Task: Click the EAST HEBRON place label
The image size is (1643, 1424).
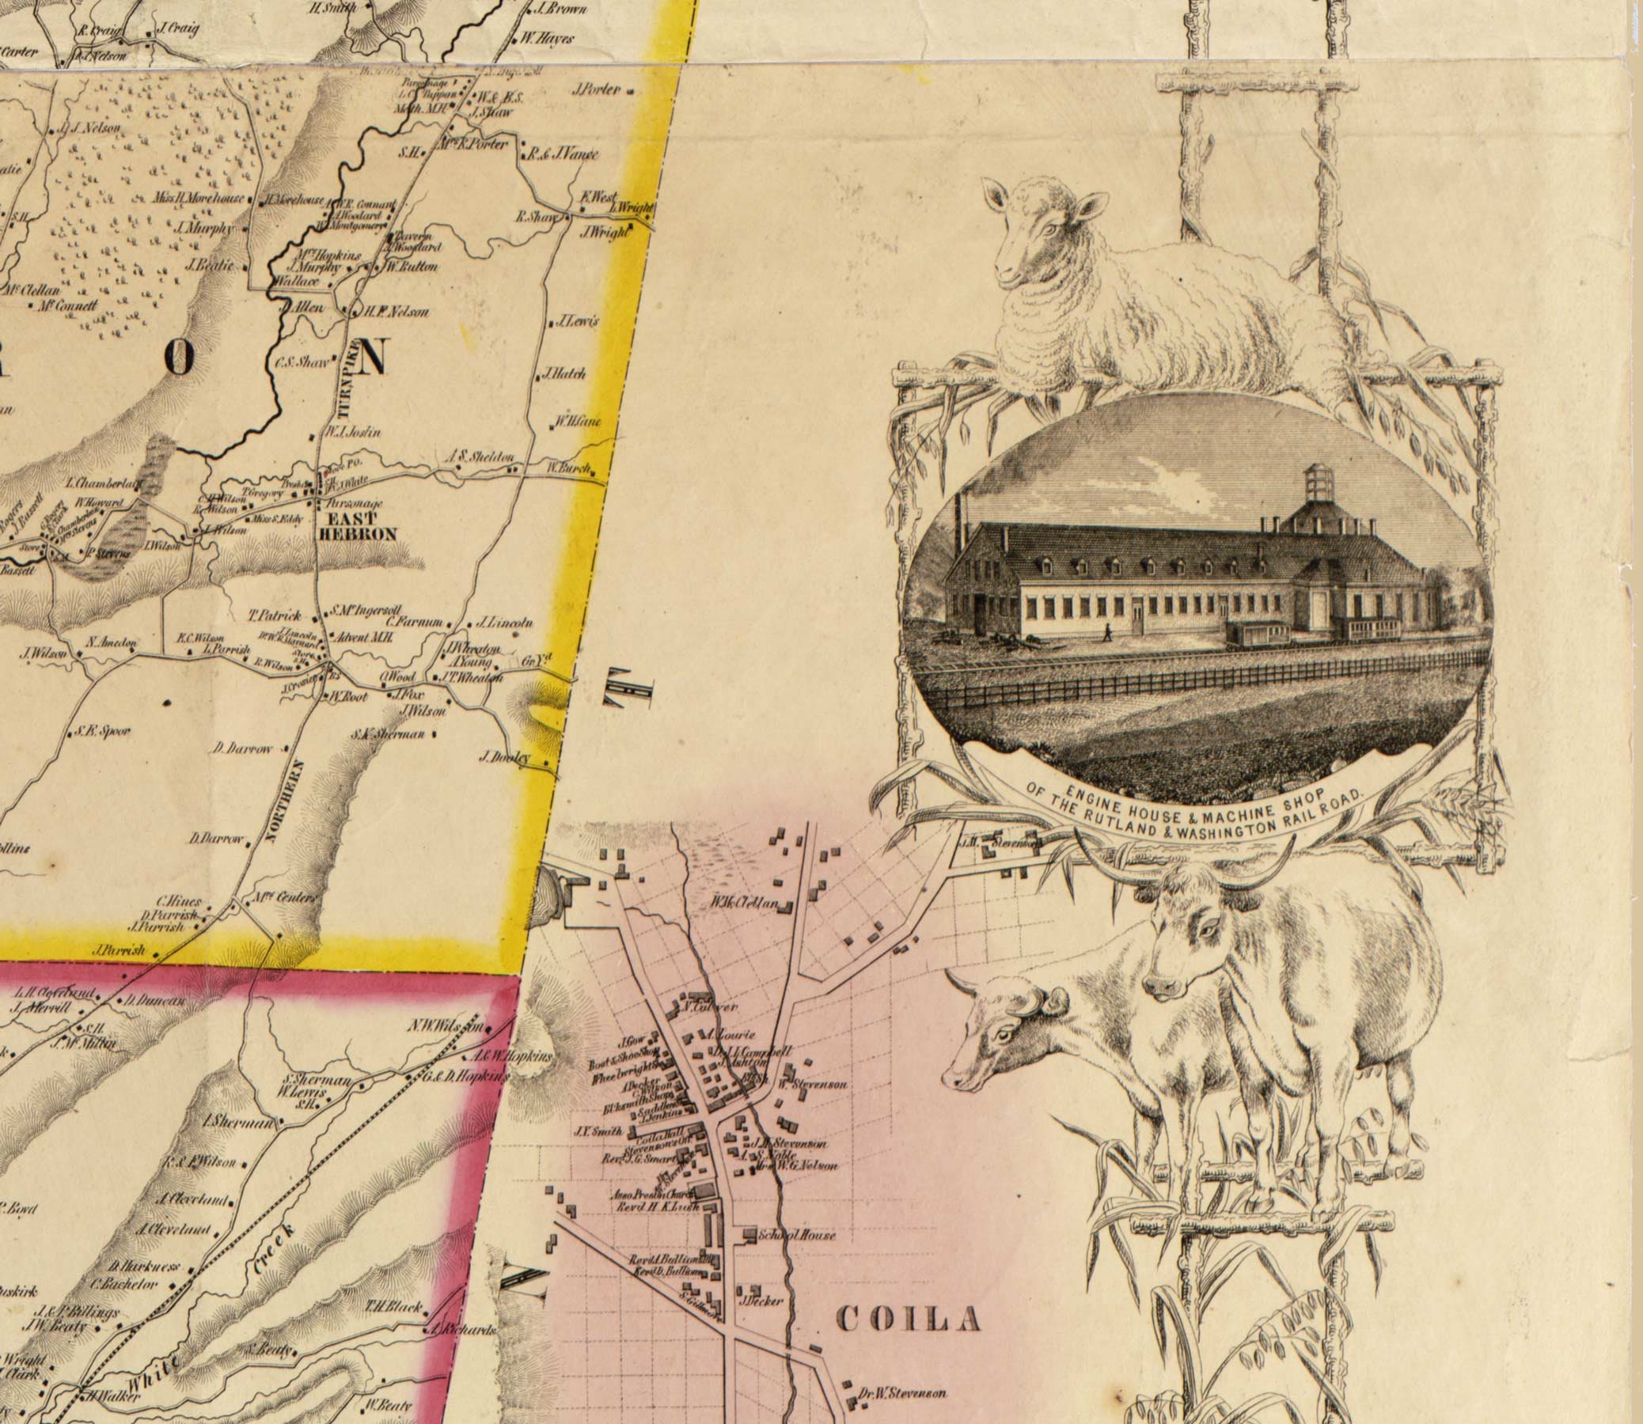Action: point(357,527)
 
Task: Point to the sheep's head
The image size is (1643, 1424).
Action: point(1042,230)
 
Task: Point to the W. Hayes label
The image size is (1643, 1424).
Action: point(547,37)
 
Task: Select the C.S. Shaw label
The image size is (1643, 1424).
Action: point(302,363)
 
